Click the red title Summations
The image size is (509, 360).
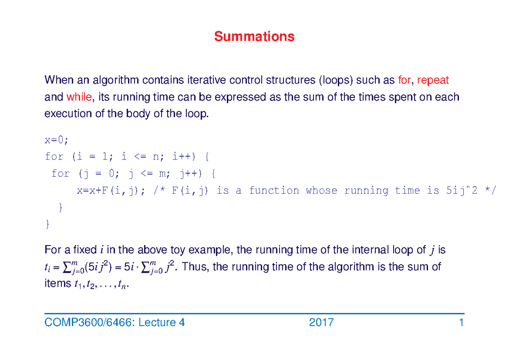pos(254,37)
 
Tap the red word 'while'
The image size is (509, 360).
pos(79,97)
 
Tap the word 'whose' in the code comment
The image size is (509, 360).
pos(321,190)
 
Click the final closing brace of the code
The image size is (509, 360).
pos(47,225)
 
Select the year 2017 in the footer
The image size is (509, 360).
pos(322,323)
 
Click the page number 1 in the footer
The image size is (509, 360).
pos(461,323)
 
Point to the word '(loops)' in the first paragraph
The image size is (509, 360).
pos(336,80)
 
